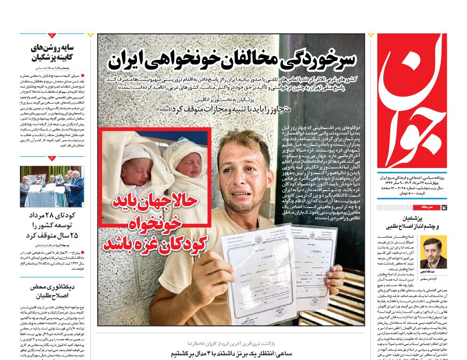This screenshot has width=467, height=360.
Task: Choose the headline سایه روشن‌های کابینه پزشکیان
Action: tap(53, 53)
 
